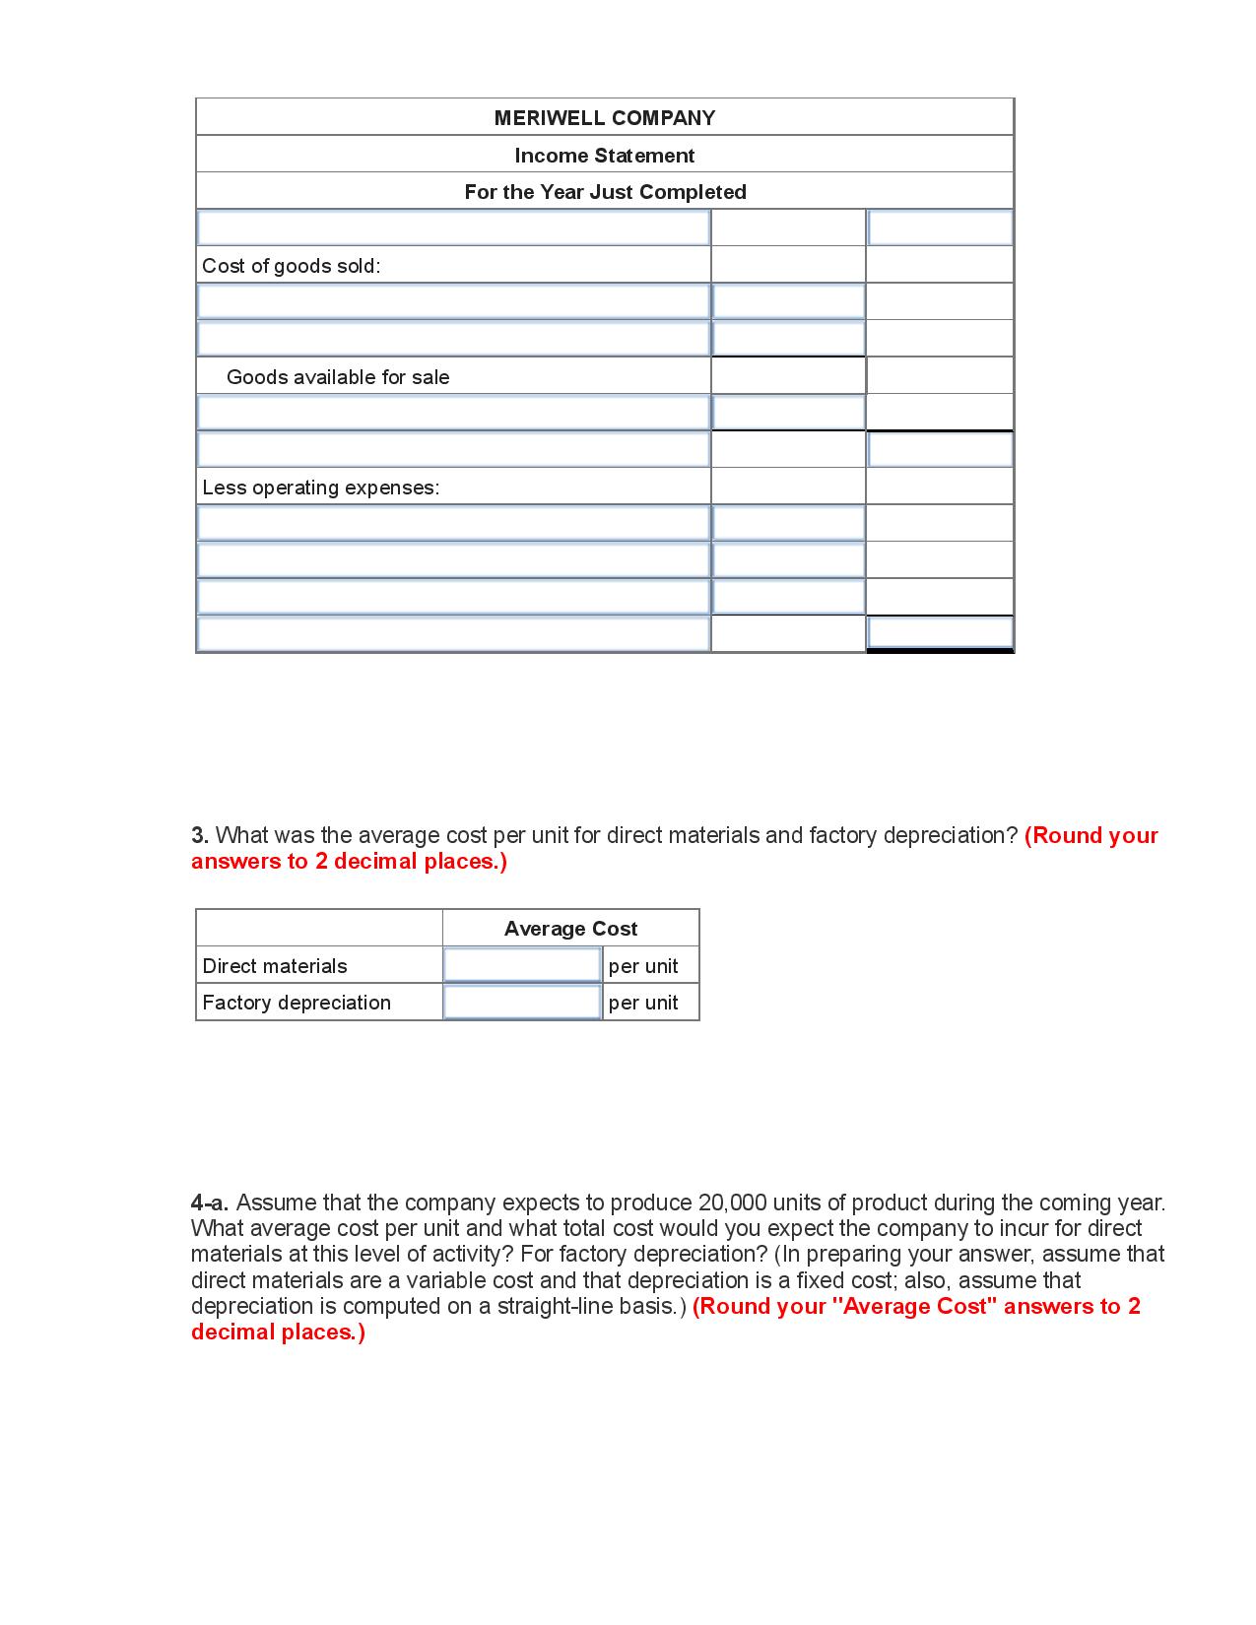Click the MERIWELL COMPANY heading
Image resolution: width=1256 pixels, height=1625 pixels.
pyautogui.click(x=604, y=118)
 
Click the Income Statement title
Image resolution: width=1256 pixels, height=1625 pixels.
pyautogui.click(x=604, y=156)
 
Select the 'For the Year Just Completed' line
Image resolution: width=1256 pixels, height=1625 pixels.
pyautogui.click(x=605, y=192)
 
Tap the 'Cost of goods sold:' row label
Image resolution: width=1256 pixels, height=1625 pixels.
pyautogui.click(x=291, y=266)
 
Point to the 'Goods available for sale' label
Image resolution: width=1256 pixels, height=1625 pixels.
pyautogui.click(x=338, y=377)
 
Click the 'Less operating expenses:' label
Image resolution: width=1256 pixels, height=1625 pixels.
pyautogui.click(x=320, y=487)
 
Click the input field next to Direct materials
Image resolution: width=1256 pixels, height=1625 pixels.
pyautogui.click(x=522, y=965)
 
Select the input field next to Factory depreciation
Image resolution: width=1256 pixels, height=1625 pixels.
pyautogui.click(x=522, y=1003)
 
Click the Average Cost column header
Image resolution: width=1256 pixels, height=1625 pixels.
pyautogui.click(x=570, y=929)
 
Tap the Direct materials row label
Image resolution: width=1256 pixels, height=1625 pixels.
pyautogui.click(x=275, y=966)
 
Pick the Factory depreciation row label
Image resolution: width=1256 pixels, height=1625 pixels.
pyautogui.click(x=297, y=1003)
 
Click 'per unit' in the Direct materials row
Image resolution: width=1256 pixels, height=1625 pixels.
pyautogui.click(x=643, y=966)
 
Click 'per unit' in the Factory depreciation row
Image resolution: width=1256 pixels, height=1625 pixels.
pyautogui.click(x=643, y=1003)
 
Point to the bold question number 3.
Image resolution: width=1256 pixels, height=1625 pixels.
pyautogui.click(x=199, y=835)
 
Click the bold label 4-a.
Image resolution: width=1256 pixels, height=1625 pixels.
pyautogui.click(x=210, y=1202)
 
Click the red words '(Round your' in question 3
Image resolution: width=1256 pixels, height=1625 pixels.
pyautogui.click(x=1091, y=835)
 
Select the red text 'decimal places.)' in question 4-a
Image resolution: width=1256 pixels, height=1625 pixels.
pyautogui.click(x=278, y=1332)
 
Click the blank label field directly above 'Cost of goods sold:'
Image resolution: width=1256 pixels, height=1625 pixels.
pyautogui.click(x=453, y=228)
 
